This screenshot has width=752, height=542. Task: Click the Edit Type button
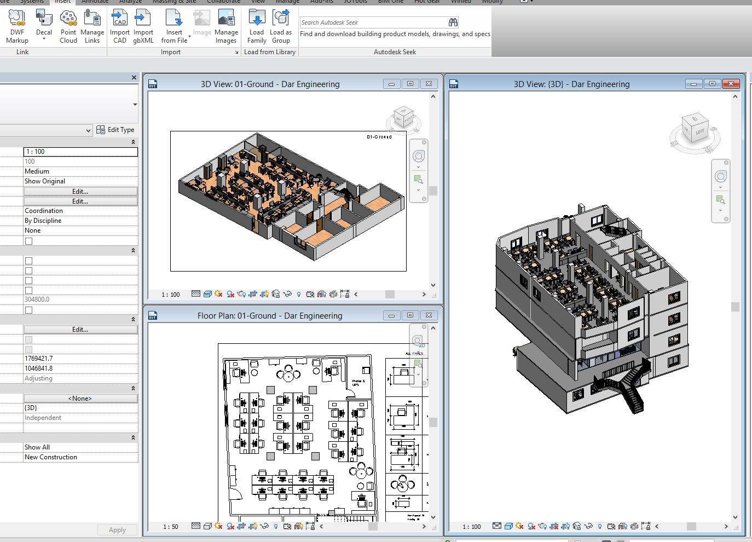(115, 130)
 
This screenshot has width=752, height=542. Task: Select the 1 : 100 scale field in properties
(80, 152)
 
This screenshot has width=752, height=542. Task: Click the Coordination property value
(80, 211)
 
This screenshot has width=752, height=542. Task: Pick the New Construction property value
(80, 457)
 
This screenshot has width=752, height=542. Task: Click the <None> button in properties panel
(80, 399)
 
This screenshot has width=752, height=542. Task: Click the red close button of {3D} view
(731, 84)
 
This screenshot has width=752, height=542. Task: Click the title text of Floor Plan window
(269, 316)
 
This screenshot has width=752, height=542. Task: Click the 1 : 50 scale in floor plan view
(171, 527)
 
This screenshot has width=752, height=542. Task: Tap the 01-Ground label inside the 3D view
(379, 137)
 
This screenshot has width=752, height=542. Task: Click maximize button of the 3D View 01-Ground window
(410, 84)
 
